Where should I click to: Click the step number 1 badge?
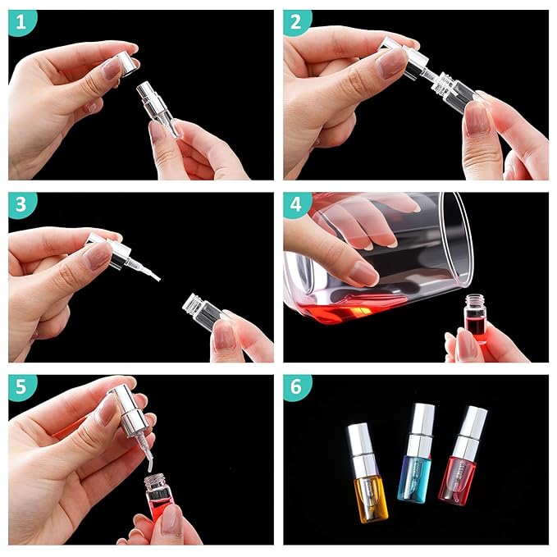[x=22, y=23]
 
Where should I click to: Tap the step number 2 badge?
[x=298, y=23]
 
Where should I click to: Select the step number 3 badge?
[x=22, y=206]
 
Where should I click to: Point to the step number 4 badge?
[x=298, y=206]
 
